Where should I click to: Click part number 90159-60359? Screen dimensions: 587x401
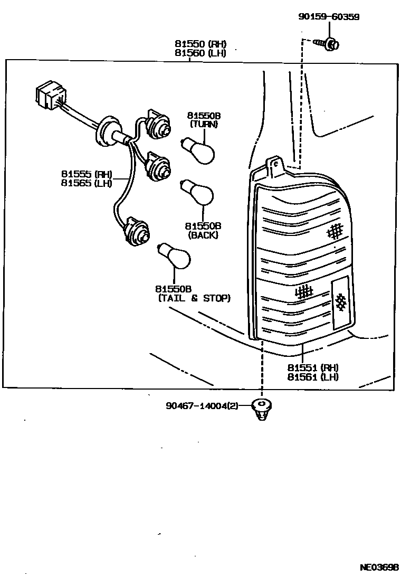point(328,17)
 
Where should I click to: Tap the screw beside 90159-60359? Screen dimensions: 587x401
point(328,44)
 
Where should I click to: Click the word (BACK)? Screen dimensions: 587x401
point(203,235)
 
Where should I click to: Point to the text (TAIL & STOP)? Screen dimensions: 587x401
point(194,298)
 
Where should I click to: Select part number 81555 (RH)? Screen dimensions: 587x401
point(87,174)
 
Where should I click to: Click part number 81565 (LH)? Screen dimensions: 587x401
point(87,183)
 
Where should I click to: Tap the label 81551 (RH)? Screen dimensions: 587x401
point(313,367)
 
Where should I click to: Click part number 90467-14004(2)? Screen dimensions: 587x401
point(202,406)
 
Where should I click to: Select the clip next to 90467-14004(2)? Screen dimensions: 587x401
point(261,409)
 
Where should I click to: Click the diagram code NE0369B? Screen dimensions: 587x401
point(379,568)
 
